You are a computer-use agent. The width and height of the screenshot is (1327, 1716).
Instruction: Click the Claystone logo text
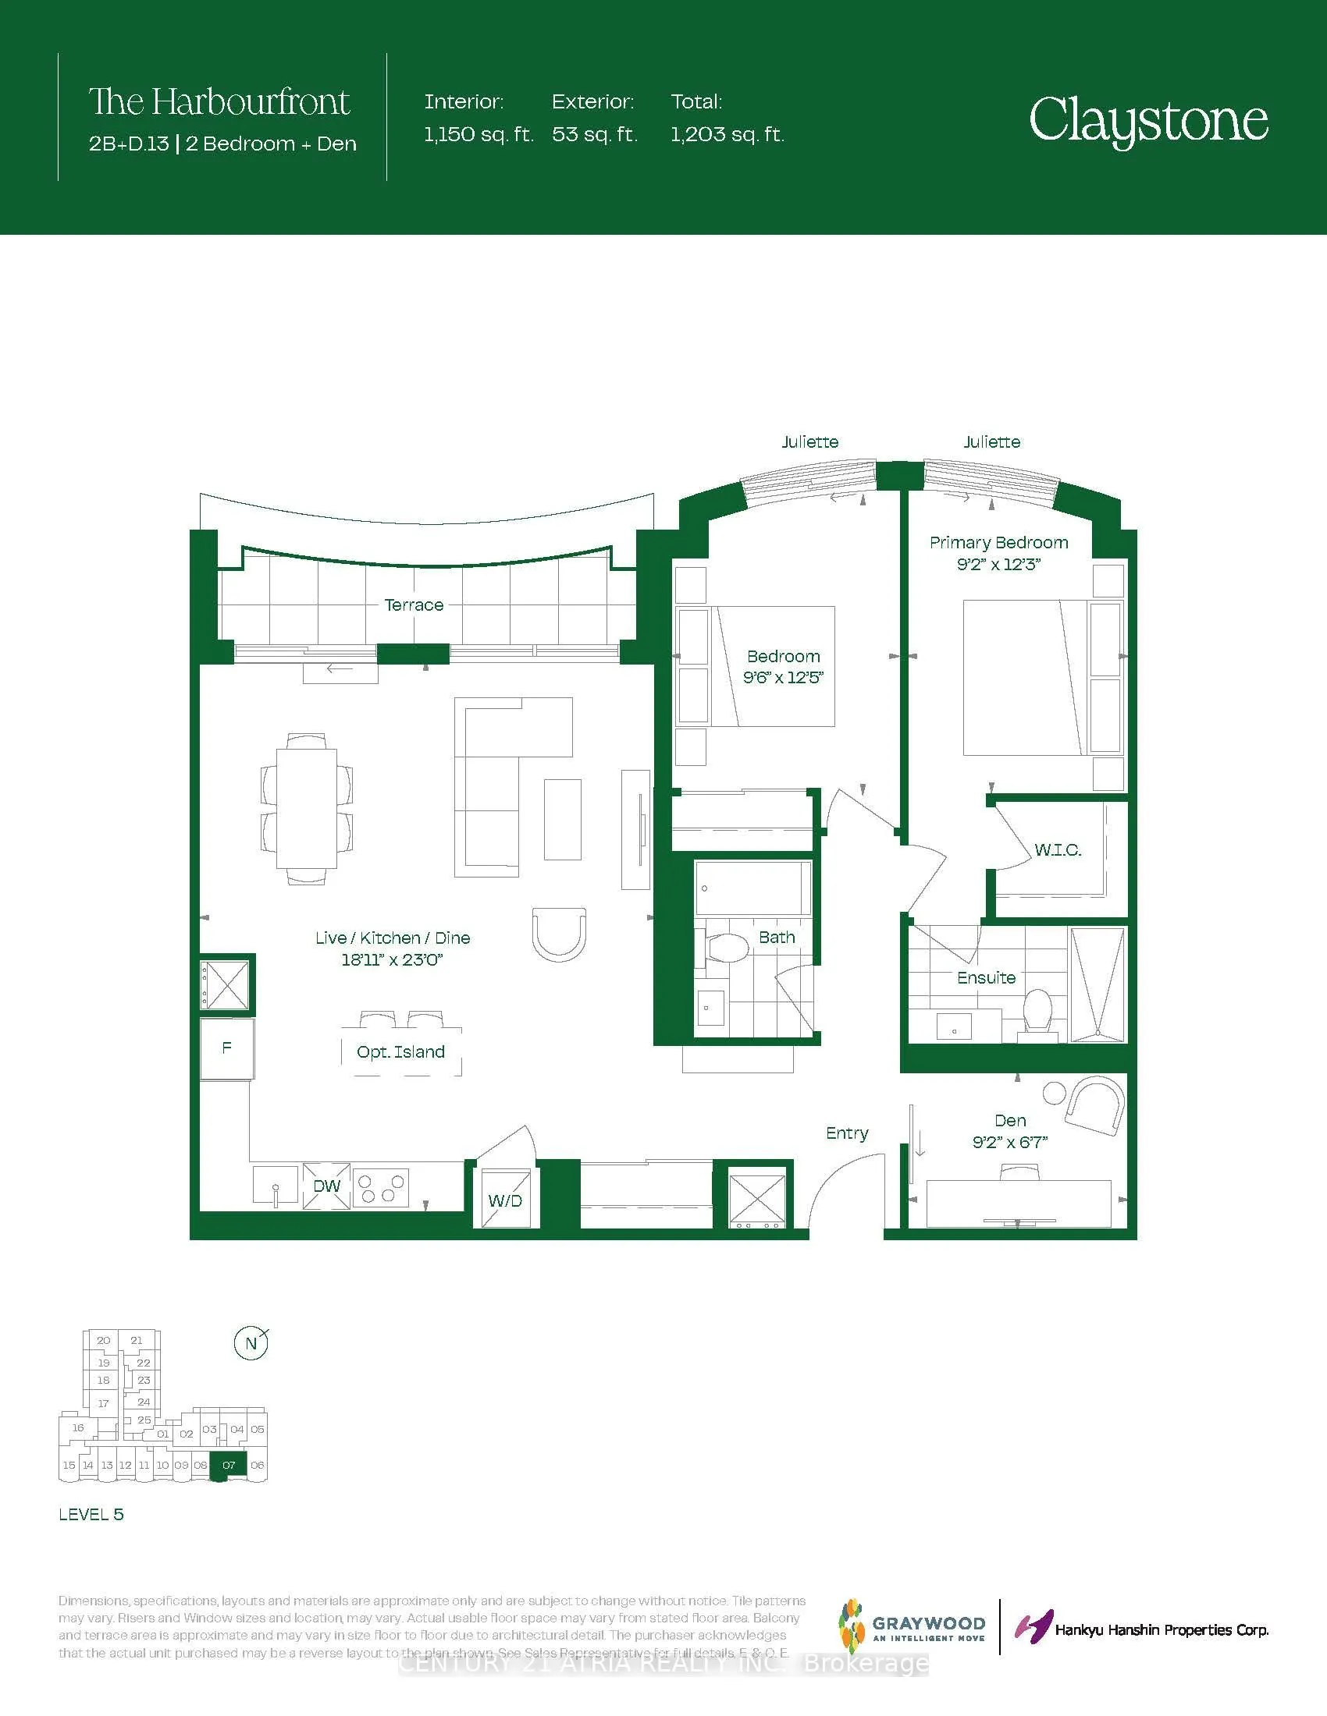pyautogui.click(x=1147, y=120)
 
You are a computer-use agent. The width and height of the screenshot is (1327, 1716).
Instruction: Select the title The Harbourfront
pyautogui.click(x=219, y=102)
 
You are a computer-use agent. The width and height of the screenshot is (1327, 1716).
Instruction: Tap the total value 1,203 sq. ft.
pyautogui.click(x=728, y=134)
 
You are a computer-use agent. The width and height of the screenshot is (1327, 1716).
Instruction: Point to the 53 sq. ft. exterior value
pyautogui.click(x=594, y=134)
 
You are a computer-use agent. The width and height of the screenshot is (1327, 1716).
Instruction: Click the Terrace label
pyautogui.click(x=414, y=605)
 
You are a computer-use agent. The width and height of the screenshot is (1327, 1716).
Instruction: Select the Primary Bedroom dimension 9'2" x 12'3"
pyautogui.click(x=998, y=564)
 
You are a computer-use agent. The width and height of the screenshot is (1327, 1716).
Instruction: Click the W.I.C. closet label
pyautogui.click(x=1058, y=849)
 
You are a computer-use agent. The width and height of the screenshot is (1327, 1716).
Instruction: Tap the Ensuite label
pyautogui.click(x=986, y=977)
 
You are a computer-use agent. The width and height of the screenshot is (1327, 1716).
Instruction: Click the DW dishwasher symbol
pyautogui.click(x=326, y=1186)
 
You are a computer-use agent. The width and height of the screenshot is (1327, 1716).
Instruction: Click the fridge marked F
pyautogui.click(x=226, y=1048)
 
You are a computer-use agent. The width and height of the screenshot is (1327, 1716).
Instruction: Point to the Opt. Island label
pyautogui.click(x=400, y=1052)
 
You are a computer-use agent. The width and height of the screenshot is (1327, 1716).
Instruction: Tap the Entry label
pyautogui.click(x=847, y=1133)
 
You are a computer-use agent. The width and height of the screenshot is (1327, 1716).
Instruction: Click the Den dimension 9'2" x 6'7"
pyautogui.click(x=1009, y=1143)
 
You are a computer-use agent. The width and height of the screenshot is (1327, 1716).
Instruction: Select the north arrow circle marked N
pyautogui.click(x=251, y=1344)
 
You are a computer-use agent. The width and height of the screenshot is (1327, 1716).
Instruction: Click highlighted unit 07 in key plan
pyautogui.click(x=229, y=1466)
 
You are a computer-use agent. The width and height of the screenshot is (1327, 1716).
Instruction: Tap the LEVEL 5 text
pyautogui.click(x=91, y=1515)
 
